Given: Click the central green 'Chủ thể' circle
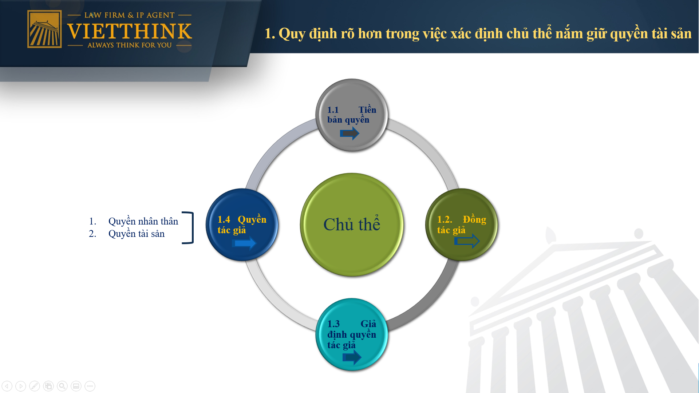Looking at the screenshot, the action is coord(352,225).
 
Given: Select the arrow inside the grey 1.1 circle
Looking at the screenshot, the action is coord(349,133).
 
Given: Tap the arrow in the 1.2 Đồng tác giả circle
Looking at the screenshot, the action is coord(467,241).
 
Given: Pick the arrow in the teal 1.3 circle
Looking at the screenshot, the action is coord(352,357).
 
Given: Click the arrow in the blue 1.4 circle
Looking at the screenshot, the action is coord(244,243).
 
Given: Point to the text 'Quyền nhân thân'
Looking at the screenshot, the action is coord(143,221).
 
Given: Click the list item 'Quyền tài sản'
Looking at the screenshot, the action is coord(136,234).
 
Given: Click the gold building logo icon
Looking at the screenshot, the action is coord(44,29).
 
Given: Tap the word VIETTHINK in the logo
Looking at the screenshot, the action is coord(129,31).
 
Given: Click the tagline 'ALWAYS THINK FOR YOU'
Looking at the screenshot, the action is coord(129,45).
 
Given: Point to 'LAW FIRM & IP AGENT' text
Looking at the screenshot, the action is coord(129,15).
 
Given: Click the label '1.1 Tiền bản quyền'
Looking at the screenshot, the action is coord(352,115).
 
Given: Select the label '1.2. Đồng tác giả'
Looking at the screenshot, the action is coord(462,225).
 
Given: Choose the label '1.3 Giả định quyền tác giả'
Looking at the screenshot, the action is coord(352,334).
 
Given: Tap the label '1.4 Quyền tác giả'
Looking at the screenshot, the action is coord(242,225).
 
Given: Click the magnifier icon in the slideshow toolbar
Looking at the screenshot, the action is coord(62,386).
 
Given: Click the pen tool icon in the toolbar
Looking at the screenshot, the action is coord(35,386).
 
